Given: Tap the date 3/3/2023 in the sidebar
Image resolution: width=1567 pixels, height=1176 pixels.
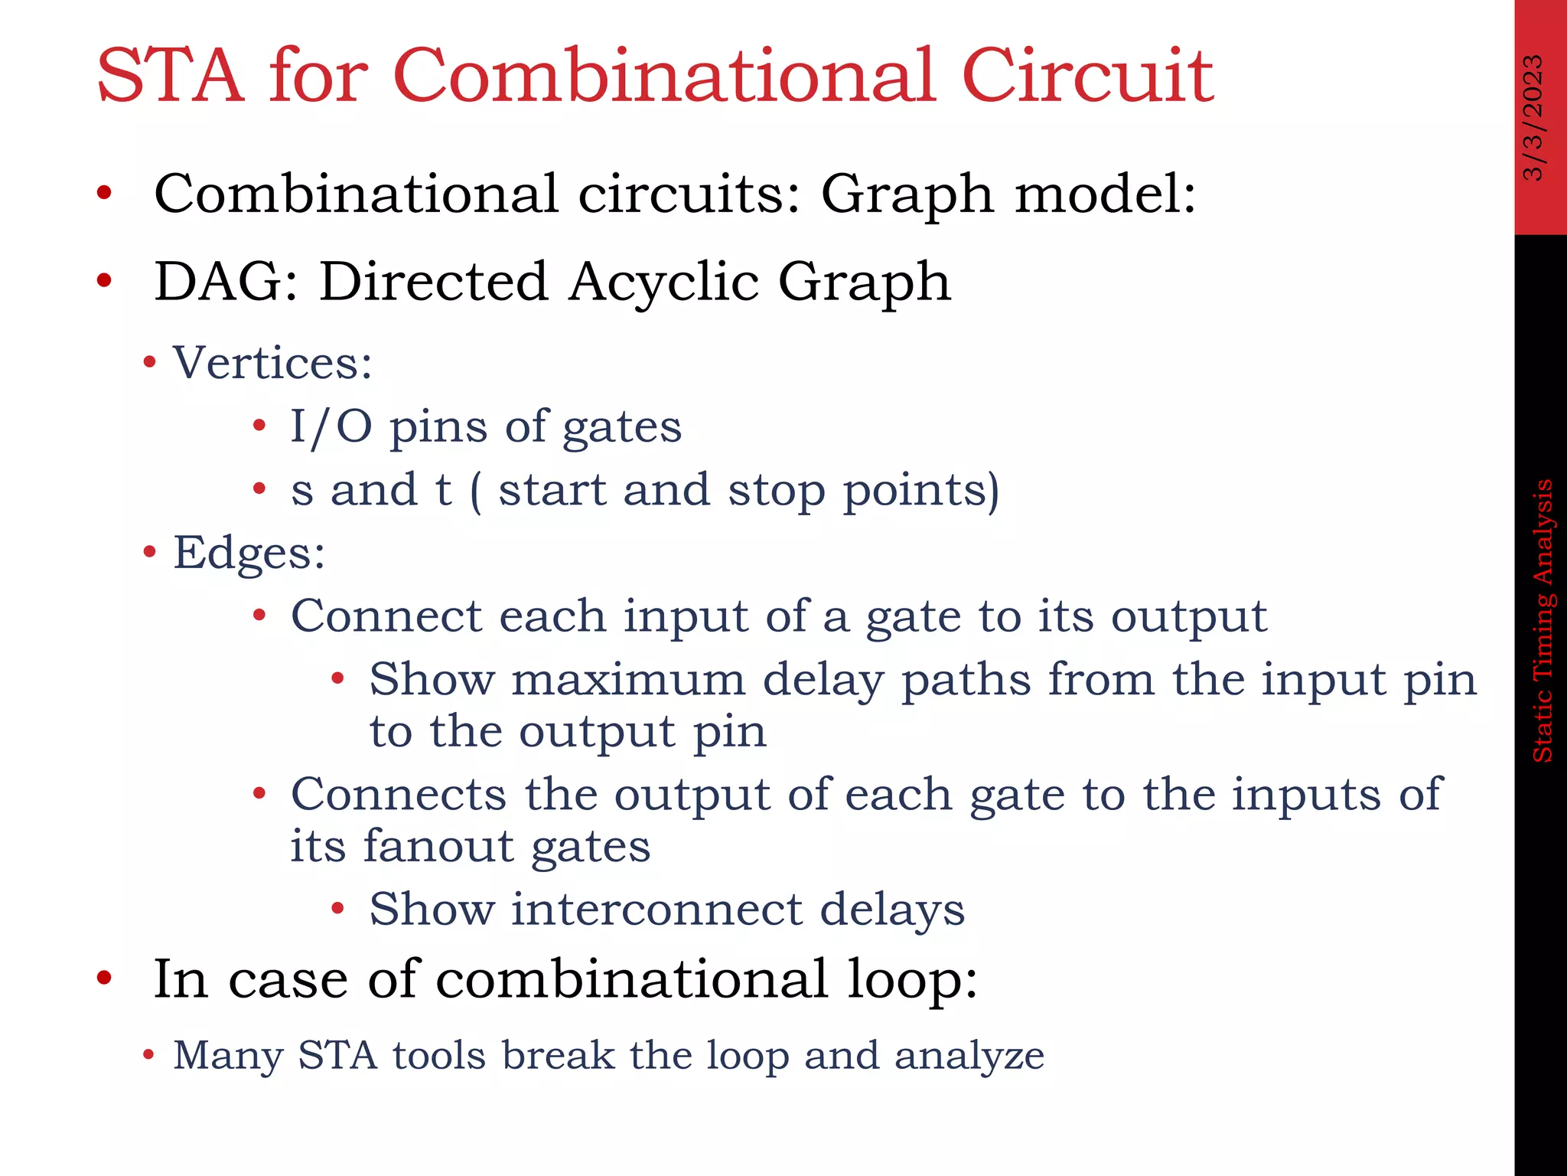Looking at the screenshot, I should [1533, 117].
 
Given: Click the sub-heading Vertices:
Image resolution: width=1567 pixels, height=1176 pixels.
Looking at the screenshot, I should [272, 362].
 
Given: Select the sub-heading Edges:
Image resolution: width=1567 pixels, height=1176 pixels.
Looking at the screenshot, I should [249, 553].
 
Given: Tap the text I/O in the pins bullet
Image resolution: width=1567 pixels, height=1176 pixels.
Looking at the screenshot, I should [331, 426].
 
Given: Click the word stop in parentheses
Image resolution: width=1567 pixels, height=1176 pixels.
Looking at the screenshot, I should [776, 490].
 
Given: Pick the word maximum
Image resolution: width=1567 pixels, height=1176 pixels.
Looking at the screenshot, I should [628, 680].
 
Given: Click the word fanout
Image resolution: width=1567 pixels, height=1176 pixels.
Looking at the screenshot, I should [437, 846].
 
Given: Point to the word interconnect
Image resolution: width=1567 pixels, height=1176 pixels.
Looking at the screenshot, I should [656, 910].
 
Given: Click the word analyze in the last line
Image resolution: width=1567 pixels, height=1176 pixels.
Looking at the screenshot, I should [969, 1056].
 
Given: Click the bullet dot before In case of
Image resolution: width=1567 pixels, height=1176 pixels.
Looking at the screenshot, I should [105, 978].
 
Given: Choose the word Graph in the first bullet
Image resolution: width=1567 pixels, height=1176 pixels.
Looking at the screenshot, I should [907, 194].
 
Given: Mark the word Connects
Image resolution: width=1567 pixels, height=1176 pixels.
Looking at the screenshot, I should [399, 794].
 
